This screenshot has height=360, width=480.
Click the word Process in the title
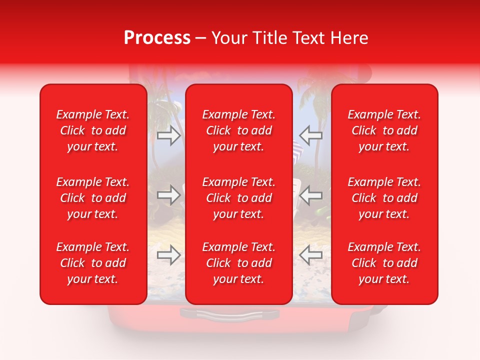point(157,38)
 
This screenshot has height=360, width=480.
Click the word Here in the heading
point(349,38)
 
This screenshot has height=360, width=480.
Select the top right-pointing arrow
point(168,135)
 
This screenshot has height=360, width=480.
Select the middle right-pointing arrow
point(168,195)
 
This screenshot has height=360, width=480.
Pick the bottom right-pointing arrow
point(168,255)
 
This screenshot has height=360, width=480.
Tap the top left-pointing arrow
point(311,135)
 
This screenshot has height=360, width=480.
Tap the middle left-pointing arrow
point(311,195)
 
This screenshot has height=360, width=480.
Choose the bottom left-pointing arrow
point(311,255)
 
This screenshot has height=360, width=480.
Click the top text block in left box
point(93,130)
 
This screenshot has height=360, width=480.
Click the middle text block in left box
point(93,198)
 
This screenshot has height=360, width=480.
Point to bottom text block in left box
point(93,263)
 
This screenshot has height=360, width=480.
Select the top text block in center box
point(239,130)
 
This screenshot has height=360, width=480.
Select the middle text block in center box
point(239,198)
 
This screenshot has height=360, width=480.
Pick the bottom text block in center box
point(239,263)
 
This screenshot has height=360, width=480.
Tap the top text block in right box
point(384,130)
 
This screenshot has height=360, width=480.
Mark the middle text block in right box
point(384,198)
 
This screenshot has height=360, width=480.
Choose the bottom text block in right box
point(384,263)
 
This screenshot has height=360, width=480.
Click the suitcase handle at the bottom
point(229,314)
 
